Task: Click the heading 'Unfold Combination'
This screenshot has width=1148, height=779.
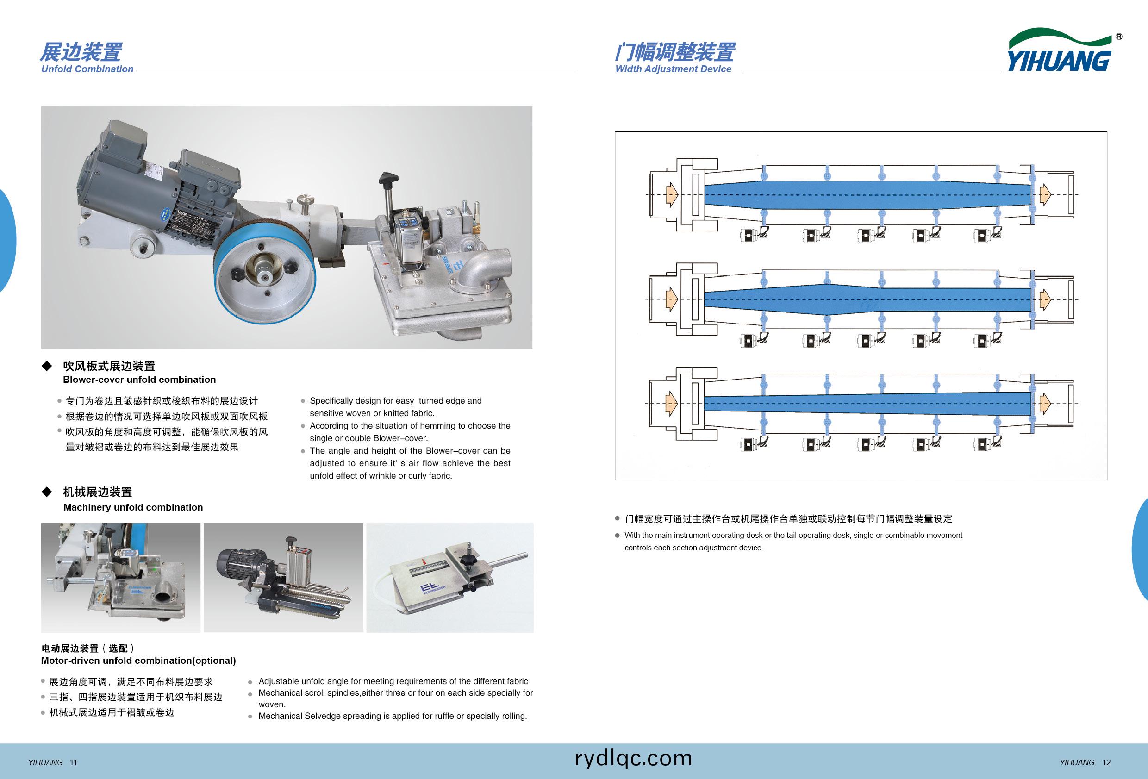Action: (x=87, y=69)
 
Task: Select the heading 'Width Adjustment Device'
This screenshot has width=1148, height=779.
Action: (x=673, y=69)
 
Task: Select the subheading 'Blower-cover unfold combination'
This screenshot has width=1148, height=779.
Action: (x=139, y=380)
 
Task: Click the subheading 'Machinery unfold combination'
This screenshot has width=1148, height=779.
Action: (x=133, y=507)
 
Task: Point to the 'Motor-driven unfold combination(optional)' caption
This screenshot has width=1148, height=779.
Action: (x=138, y=661)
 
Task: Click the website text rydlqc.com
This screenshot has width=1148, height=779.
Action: (x=633, y=758)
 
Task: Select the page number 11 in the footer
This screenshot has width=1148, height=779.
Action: (x=74, y=763)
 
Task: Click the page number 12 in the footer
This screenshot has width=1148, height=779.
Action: (x=1106, y=763)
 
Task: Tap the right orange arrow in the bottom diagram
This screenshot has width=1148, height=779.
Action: (x=1045, y=404)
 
